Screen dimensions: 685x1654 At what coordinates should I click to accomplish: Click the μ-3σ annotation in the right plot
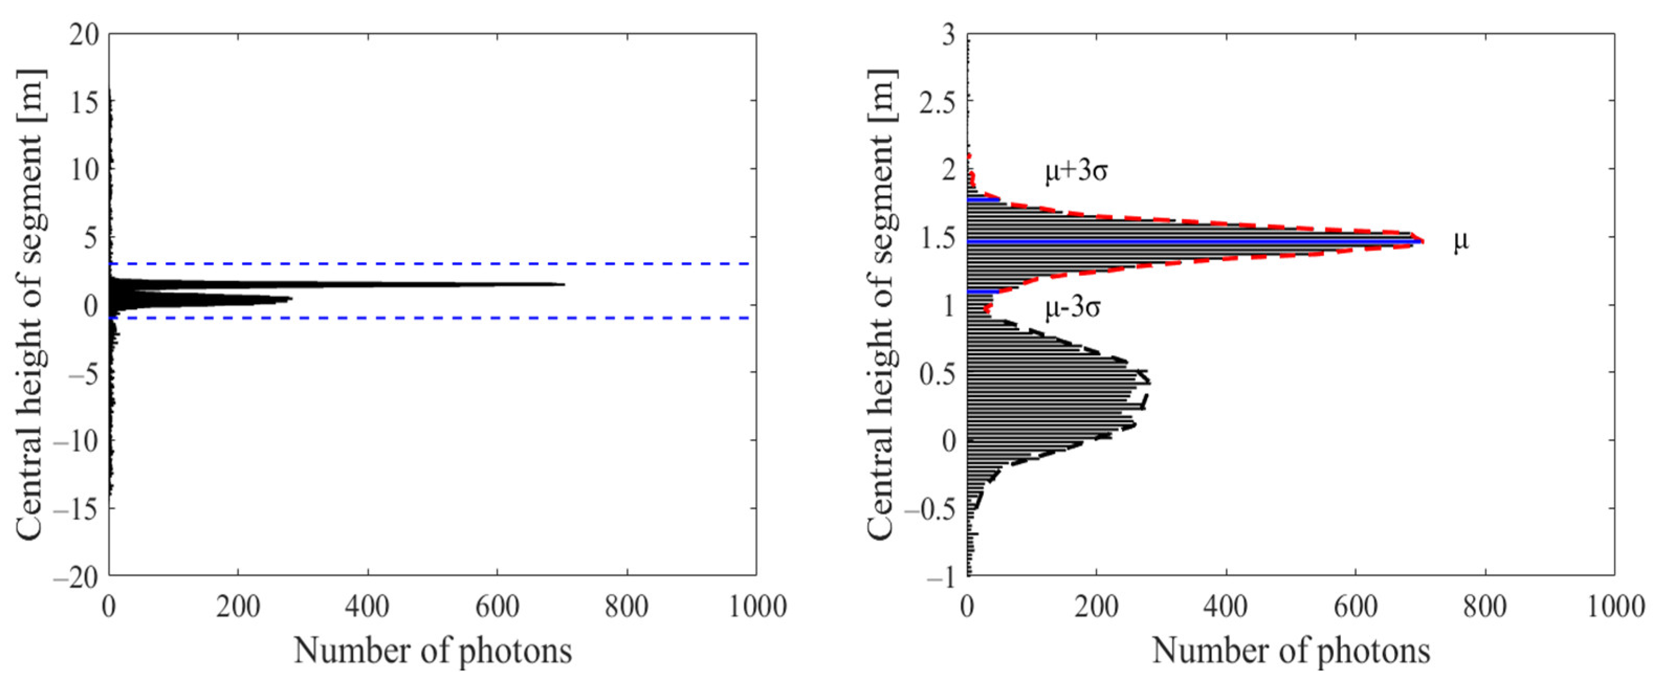click(1072, 309)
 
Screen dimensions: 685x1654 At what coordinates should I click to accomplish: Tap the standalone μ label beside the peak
click(1461, 242)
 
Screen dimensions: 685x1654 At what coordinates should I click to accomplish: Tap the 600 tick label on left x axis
click(497, 607)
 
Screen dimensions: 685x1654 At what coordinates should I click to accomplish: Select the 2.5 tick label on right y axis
click(934, 102)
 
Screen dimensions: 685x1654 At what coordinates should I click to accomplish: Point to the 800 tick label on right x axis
click(1484, 607)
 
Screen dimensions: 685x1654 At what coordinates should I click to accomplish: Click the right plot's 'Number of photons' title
click(1291, 652)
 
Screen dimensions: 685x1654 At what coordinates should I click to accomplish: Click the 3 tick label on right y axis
click(947, 35)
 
